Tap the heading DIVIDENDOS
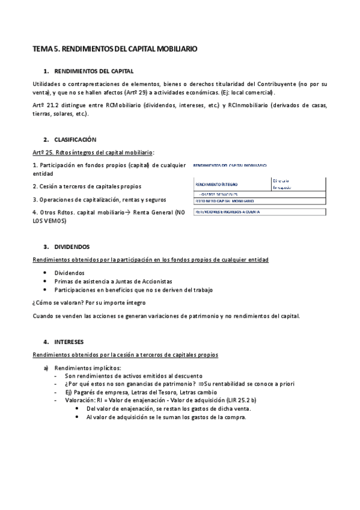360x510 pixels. (72, 247)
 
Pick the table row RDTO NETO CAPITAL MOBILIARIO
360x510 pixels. (224, 201)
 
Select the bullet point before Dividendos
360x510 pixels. (46, 272)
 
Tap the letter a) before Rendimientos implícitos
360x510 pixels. (46, 367)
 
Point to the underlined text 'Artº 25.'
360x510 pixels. (42, 152)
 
